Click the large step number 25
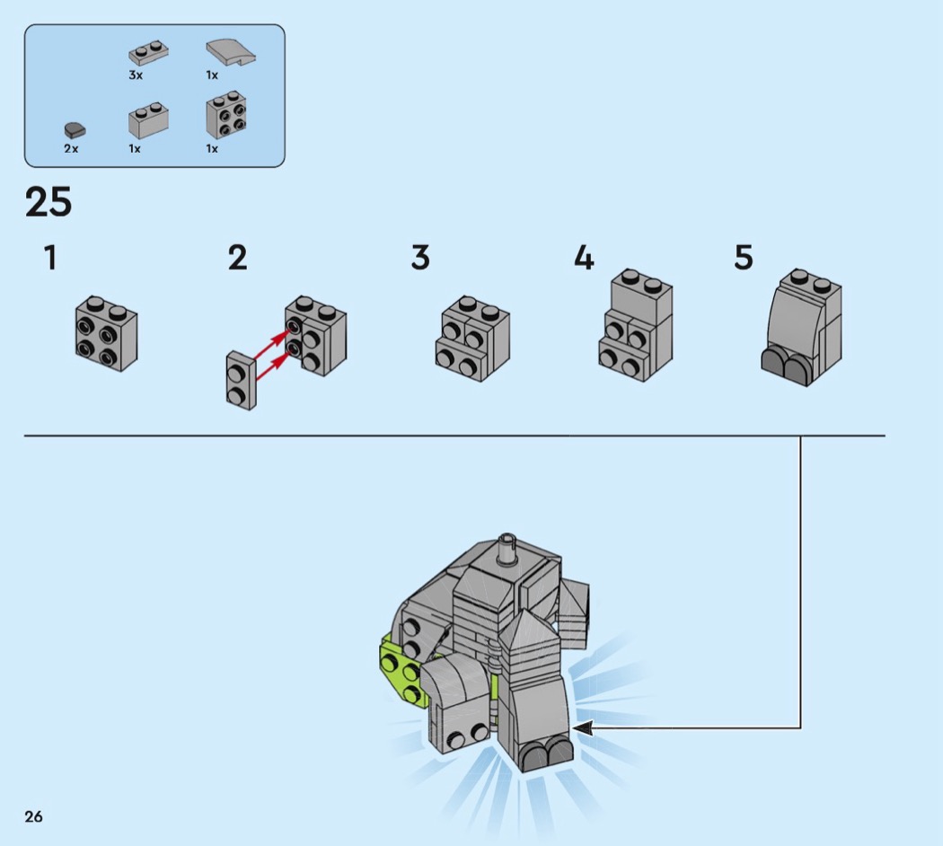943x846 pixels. [48, 202]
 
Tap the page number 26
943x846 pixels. [34, 816]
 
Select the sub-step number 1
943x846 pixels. [50, 258]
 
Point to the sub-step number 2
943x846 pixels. [238, 258]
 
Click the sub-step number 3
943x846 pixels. [420, 258]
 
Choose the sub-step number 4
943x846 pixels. [584, 258]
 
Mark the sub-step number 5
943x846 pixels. [744, 258]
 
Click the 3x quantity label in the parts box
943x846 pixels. [136, 75]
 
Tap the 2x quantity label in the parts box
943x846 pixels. [71, 148]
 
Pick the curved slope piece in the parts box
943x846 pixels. [231, 53]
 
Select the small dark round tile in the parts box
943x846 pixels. [75, 130]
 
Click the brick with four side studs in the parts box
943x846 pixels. [226, 115]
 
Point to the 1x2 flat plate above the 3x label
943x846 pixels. [148, 53]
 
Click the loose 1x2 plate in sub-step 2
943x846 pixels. [242, 381]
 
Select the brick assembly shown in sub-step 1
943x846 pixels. [107, 333]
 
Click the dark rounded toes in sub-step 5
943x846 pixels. [785, 362]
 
